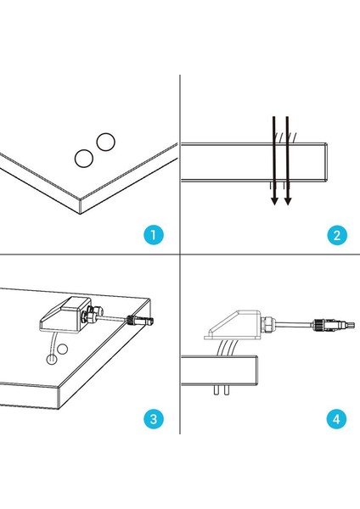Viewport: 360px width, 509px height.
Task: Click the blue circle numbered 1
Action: coord(154,234)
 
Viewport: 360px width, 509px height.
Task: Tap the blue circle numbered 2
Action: coord(337,235)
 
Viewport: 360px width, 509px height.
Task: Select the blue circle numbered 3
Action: coord(154,418)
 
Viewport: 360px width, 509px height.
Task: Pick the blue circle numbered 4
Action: coord(336,419)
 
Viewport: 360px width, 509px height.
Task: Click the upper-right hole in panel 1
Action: coord(105,142)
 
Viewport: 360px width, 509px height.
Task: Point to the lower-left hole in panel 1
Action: coord(84,159)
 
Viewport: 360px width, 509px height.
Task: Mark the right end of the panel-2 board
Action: coord(326,162)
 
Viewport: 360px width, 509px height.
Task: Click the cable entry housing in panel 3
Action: coord(65,314)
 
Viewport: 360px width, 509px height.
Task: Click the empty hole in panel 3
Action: coord(62,350)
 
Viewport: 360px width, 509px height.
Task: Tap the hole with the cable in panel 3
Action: coord(51,360)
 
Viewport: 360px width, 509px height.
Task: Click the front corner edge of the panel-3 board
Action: coord(59,398)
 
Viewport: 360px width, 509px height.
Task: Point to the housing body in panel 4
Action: coord(233,325)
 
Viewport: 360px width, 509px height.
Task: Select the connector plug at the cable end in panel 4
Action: coord(333,325)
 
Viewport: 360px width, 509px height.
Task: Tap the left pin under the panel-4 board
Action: coord(216,390)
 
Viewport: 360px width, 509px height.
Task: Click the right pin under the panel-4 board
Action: coord(227,390)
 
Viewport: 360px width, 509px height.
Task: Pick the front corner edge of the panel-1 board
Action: coord(81,206)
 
